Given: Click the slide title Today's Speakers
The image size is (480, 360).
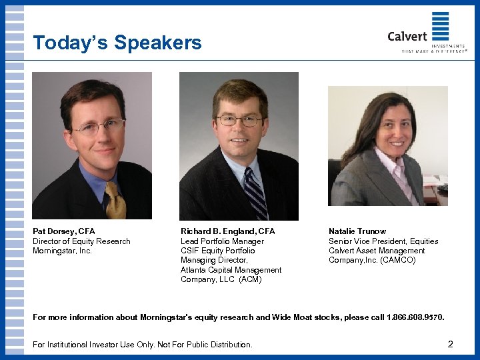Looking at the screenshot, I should pyautogui.click(x=117, y=43).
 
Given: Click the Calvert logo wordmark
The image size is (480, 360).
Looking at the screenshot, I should pyautogui.click(x=407, y=36).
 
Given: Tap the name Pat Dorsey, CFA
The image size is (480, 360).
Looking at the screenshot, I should pyautogui.click(x=64, y=231).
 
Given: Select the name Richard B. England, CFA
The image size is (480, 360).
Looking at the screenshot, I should pyautogui.click(x=227, y=231).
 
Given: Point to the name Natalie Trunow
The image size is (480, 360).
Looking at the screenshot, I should pyautogui.click(x=357, y=231).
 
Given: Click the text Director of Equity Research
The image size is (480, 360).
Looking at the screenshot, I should pyautogui.click(x=81, y=241).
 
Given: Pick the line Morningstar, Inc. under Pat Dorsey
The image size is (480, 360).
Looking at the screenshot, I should pyautogui.click(x=62, y=251).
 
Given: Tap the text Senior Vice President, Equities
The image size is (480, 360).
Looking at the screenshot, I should pyautogui.click(x=383, y=241).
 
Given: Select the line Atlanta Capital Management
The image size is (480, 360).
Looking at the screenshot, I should pyautogui.click(x=231, y=270).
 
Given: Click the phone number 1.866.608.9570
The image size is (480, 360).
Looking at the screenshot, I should pyautogui.click(x=415, y=317).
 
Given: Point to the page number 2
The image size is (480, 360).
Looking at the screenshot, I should pyautogui.click(x=451, y=345).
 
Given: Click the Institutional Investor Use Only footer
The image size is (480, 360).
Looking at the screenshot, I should pyautogui.click(x=143, y=345).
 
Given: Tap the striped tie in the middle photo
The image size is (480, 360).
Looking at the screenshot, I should pyautogui.click(x=255, y=193).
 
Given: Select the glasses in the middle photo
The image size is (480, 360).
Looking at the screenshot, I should pyautogui.click(x=239, y=121).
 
